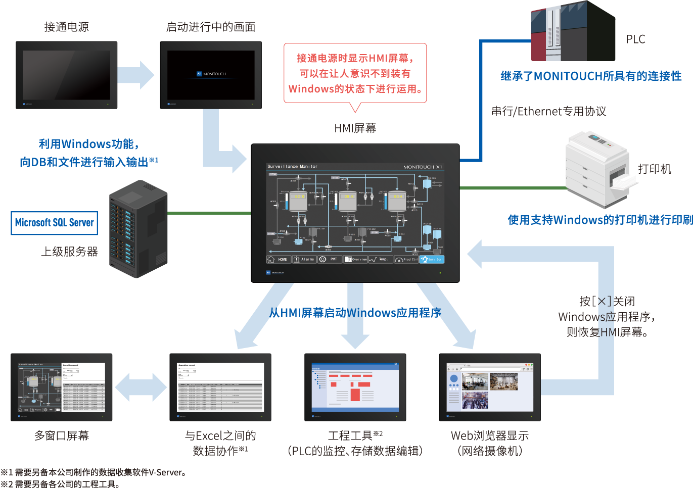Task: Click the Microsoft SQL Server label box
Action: coord(55,223)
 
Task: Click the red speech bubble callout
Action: coord(355,74)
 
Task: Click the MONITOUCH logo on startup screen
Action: coord(211,74)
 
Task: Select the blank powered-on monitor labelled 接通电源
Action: coord(66,75)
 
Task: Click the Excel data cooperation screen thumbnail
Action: coord(220,387)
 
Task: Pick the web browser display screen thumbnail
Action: coord(490,387)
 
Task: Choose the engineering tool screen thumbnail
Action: coord(355,387)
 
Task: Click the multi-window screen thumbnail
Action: coord(61,387)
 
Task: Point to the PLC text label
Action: coord(635,39)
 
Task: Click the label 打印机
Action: coord(654,169)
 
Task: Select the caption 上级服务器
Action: coord(69,252)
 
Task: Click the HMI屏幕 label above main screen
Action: coord(355,128)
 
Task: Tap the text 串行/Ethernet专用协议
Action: coord(548,112)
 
